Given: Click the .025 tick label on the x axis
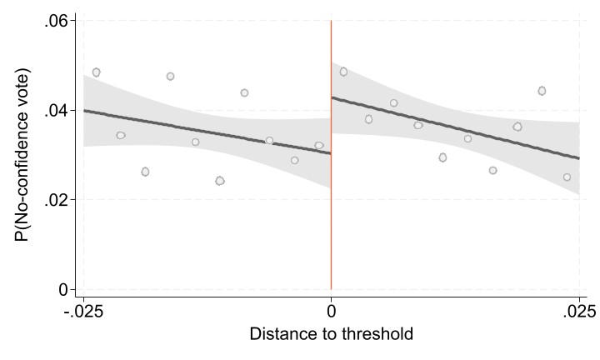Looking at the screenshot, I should click(x=577, y=312).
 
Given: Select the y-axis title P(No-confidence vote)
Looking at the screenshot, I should click(x=22, y=155).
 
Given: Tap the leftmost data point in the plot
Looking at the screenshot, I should click(x=96, y=72).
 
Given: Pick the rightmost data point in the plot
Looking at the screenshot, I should click(x=567, y=177).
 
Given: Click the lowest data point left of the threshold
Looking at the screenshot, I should click(x=219, y=181).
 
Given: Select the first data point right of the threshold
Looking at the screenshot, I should click(x=343, y=72).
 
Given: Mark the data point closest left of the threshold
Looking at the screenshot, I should click(x=319, y=145).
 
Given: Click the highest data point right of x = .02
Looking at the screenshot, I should click(x=542, y=90).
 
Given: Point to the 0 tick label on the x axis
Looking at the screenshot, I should click(x=332, y=312).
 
